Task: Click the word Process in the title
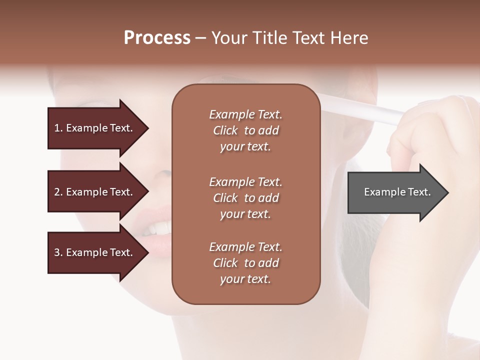click(x=157, y=38)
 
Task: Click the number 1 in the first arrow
click(x=57, y=128)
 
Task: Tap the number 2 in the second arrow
click(x=57, y=192)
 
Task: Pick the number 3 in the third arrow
click(x=57, y=252)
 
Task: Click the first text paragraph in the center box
click(x=245, y=130)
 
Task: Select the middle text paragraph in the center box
click(x=245, y=197)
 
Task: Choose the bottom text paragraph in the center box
click(x=245, y=263)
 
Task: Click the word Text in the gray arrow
click(x=419, y=192)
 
